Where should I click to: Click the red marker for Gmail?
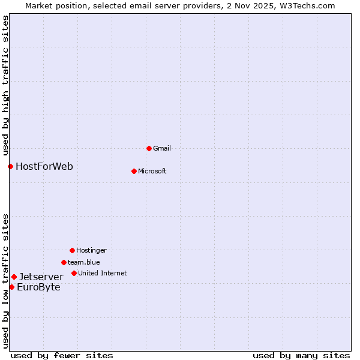[149, 148]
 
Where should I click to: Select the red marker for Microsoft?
[134, 171]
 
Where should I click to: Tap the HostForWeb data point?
[10, 166]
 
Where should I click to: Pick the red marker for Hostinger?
[72, 250]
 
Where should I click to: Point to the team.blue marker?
[64, 262]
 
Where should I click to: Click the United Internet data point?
[74, 273]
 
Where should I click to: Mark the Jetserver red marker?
[14, 277]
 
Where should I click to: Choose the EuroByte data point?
[11, 287]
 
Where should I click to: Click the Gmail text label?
[162, 148]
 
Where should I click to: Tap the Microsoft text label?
[152, 171]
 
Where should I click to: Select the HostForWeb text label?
[44, 166]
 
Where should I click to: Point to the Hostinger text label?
[91, 250]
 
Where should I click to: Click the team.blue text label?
[84, 262]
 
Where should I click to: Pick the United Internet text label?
[103, 273]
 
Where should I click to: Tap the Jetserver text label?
[41, 277]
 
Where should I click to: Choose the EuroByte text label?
[38, 287]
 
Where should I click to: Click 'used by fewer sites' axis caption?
[62, 355]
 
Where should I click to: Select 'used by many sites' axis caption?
[301, 355]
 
